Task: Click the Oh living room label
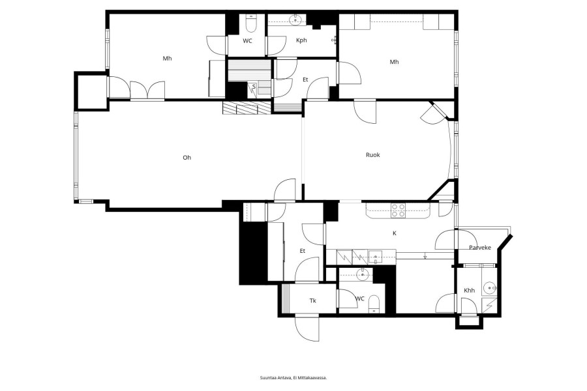[x=187, y=158]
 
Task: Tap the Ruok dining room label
[x=373, y=154]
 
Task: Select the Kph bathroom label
[x=301, y=40]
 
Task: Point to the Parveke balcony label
[x=480, y=248]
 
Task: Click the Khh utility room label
[x=469, y=291]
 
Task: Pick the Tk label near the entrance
[x=313, y=300]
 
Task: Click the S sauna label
[x=254, y=87]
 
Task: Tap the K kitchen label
[x=394, y=233]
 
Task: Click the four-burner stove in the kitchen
[x=399, y=210]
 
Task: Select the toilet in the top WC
[x=250, y=24]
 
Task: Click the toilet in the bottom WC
[x=374, y=304]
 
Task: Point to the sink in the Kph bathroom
[x=295, y=20]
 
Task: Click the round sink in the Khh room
[x=489, y=288]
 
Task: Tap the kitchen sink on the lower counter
[x=376, y=257]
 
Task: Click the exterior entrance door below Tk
[x=307, y=328]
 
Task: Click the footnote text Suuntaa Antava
[x=276, y=378]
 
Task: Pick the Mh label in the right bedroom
[x=394, y=62]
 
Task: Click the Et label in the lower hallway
[x=303, y=251]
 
